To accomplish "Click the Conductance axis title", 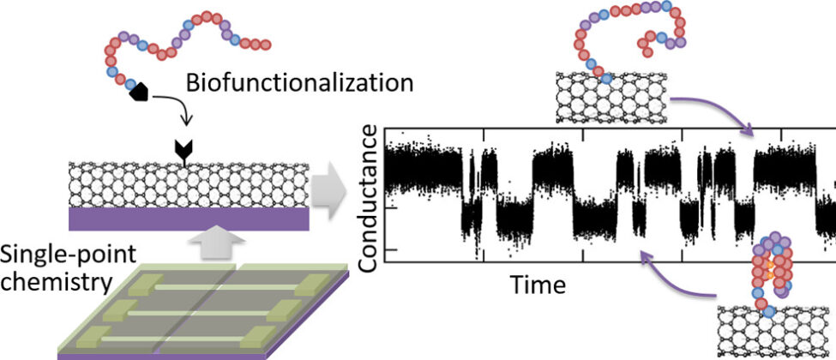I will point(368,199).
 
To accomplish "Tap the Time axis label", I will point(538,284).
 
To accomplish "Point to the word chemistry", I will point(44,282).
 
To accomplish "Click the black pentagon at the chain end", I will point(138,94).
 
